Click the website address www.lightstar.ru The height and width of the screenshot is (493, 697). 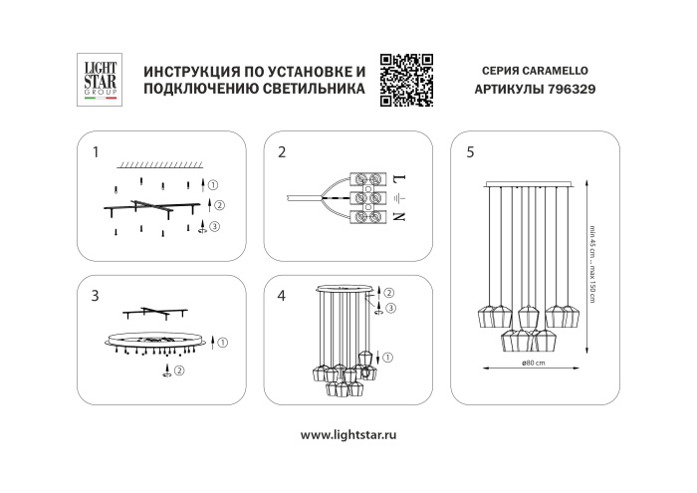(348, 435)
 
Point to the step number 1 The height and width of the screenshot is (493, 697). (95, 152)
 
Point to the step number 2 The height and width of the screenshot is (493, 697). (282, 152)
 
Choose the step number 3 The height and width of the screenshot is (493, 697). (95, 295)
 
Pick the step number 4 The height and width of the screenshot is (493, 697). (282, 295)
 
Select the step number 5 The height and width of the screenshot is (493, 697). (469, 152)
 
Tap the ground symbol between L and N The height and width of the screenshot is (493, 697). (398, 198)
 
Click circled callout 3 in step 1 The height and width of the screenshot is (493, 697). (213, 226)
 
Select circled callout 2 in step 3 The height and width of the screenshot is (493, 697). (179, 370)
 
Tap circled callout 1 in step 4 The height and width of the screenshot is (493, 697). (388, 357)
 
